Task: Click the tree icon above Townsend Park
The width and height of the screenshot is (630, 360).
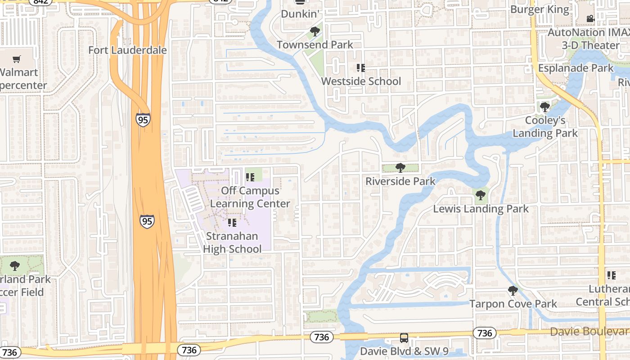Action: point(315,31)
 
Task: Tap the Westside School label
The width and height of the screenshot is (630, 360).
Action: point(361,81)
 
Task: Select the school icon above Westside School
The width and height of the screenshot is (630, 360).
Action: point(360,68)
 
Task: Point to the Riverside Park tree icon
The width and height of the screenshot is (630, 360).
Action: point(400,168)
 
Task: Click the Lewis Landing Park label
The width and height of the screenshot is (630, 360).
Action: point(481,209)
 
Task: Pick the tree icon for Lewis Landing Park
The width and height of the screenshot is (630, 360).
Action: point(480,195)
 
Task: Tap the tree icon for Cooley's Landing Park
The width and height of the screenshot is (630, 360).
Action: point(545,107)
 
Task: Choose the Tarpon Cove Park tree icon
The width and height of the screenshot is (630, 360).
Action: point(513,291)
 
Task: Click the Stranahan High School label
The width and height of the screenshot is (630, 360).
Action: point(232,243)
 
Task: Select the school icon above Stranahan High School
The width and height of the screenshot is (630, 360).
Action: point(232,223)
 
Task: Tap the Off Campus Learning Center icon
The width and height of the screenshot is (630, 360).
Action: point(250,177)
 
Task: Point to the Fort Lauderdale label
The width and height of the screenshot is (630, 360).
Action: point(127,50)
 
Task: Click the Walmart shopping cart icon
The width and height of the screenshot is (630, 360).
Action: point(17,59)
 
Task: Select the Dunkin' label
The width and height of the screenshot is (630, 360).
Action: point(300,14)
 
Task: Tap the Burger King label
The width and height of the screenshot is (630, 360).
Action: point(539,9)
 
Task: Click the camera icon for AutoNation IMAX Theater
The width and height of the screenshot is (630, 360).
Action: point(590,19)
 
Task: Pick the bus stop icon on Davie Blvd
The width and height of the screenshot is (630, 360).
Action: point(404,337)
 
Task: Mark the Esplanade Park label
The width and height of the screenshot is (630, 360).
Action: point(576,68)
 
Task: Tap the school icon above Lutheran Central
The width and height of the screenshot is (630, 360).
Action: point(611,275)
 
